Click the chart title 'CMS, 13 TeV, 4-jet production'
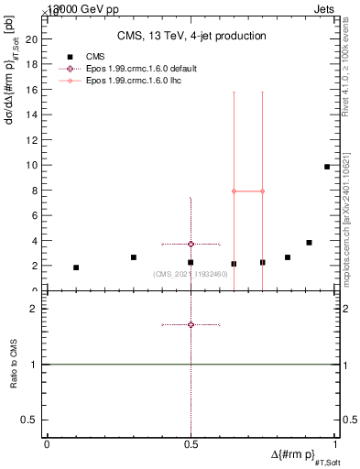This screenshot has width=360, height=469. (191, 37)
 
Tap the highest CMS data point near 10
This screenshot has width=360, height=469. (327, 167)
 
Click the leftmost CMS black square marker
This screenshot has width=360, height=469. (76, 267)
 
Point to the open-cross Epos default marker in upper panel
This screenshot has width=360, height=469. (191, 245)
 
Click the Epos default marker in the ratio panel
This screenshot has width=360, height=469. (191, 324)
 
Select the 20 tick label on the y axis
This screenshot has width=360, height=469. (31, 39)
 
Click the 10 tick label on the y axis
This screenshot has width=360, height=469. (31, 165)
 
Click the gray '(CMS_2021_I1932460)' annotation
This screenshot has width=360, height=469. (190, 275)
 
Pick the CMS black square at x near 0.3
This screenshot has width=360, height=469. (134, 257)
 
